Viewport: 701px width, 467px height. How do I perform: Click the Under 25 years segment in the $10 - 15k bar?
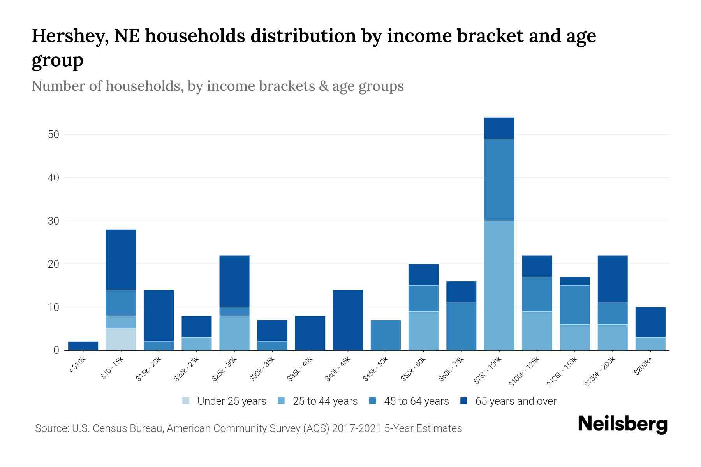pos(121,339)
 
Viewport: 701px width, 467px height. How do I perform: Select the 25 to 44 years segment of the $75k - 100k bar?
pos(499,285)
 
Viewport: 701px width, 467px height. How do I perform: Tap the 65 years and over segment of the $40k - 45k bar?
pos(348,320)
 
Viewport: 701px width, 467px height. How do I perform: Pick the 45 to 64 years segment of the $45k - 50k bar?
pos(386,335)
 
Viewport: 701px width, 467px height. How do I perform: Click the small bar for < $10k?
pos(83,346)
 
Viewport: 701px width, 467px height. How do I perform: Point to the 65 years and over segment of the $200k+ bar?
pos(650,322)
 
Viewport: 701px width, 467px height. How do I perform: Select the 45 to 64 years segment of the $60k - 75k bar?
pos(461,326)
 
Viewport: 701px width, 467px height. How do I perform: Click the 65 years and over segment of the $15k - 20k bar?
pos(159,316)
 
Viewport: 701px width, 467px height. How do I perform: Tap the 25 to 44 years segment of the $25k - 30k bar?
pos(234,333)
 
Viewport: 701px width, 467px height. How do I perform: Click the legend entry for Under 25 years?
pos(231,401)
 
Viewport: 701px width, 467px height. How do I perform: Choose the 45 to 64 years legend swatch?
pos(373,401)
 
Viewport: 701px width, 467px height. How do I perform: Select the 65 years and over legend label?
pos(515,401)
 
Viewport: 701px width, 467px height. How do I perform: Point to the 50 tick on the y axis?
pos(53,135)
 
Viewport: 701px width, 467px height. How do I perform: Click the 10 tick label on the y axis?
pos(53,307)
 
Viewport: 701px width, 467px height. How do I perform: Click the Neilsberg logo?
pos(622,424)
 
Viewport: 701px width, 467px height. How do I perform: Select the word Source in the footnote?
pos(51,428)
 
